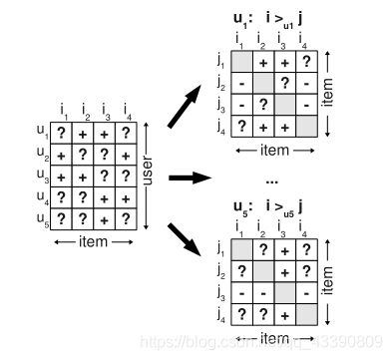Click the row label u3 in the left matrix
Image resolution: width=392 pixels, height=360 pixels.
click(42, 175)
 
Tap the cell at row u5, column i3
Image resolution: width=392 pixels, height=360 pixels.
click(104, 218)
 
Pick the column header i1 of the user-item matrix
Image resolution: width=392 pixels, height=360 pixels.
click(62, 109)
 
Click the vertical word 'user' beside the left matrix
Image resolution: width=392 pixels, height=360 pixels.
click(148, 176)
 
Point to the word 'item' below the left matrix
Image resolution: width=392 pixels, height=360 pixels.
click(93, 242)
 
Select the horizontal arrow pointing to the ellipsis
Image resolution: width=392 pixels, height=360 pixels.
click(190, 178)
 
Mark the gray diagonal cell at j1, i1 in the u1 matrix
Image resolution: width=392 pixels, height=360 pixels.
click(241, 61)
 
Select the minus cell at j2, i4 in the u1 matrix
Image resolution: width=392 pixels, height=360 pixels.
click(306, 83)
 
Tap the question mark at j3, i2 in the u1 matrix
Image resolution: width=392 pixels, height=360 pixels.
click(263, 105)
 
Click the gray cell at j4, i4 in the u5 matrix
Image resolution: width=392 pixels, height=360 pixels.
click(306, 315)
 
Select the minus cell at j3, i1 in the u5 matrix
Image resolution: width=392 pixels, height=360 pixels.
click(241, 293)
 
